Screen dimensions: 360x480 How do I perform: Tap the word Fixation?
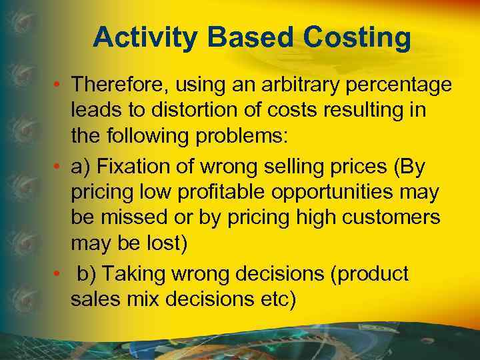141,165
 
